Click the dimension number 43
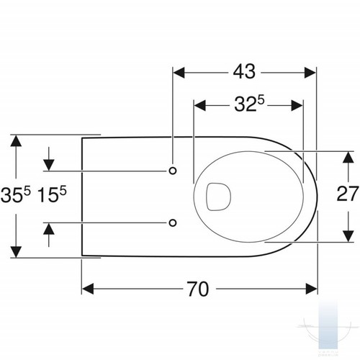pos(244,71)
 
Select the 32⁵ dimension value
pos(249,104)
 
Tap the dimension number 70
pos(198,289)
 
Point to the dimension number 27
pos(348,194)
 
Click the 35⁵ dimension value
pos(16,194)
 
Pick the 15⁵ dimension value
pos(52,194)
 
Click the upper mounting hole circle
pos(173,171)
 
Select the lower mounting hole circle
pos(173,222)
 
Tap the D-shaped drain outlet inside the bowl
pos(218,197)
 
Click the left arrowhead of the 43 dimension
pos(179,73)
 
